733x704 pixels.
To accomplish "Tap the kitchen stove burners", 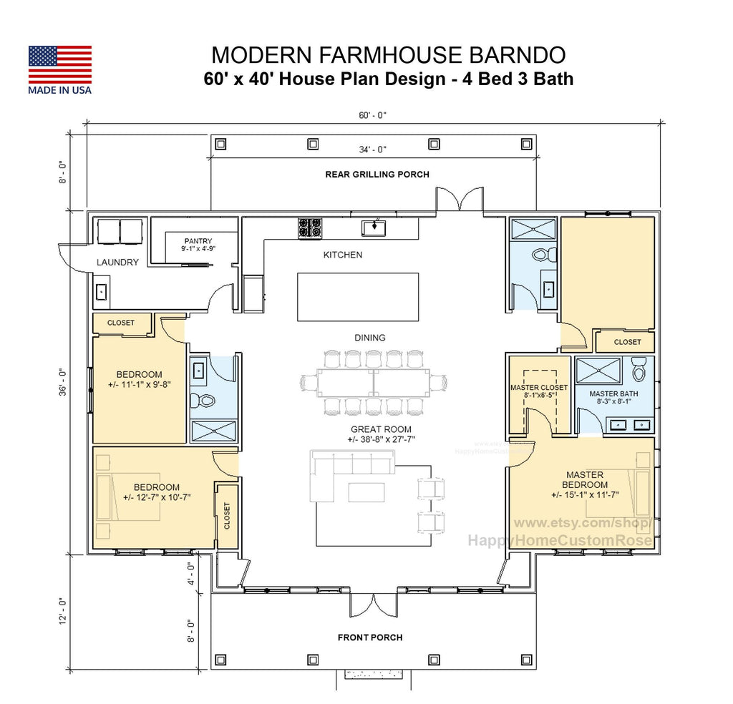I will [x=310, y=228].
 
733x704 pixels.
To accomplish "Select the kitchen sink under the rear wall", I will [x=374, y=228].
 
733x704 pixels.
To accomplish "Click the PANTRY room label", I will [x=198, y=241].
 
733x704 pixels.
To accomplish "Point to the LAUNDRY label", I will [x=117, y=263].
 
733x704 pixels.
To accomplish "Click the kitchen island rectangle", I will [x=358, y=297].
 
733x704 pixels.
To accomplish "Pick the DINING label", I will [x=369, y=338].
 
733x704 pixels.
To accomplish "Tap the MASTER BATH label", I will [x=614, y=393].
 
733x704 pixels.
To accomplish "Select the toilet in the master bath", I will [x=639, y=371].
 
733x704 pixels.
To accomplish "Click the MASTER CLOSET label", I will [x=539, y=388].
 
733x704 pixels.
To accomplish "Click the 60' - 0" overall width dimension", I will [x=373, y=114].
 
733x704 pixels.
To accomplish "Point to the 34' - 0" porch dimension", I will [x=372, y=150].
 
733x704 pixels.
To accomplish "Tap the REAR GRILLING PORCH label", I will [x=377, y=174].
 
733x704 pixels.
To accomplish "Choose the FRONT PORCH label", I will [x=370, y=637].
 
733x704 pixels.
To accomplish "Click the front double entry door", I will [x=373, y=605].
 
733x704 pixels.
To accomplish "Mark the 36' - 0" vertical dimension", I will [x=63, y=383].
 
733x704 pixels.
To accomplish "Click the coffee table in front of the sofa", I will [x=366, y=492].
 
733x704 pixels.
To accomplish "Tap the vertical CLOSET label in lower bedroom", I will [x=227, y=516].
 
